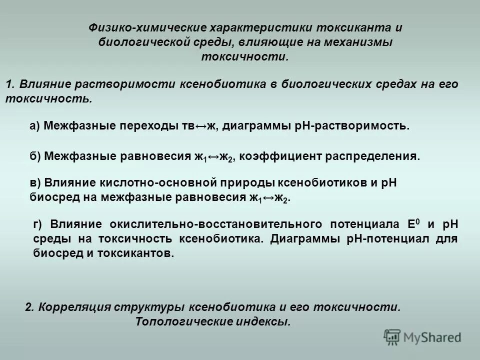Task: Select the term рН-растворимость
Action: coord(358,126)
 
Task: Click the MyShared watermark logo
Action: coord(423,337)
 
